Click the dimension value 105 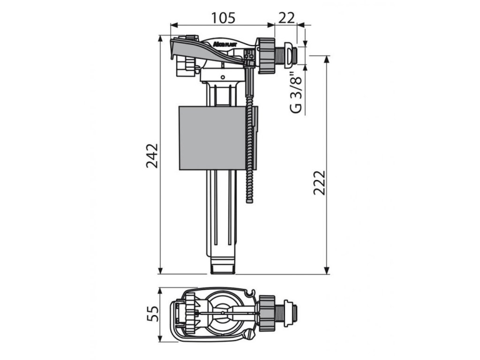[222, 17]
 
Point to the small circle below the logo [223, 76]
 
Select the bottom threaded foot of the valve [223, 267]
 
